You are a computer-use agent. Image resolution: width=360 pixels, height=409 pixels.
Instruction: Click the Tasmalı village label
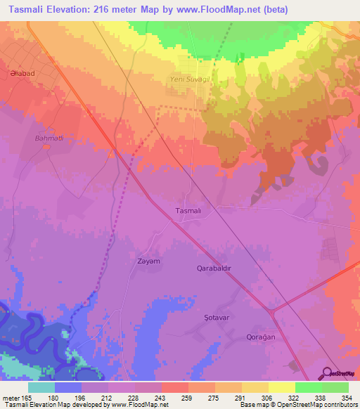point(188,211)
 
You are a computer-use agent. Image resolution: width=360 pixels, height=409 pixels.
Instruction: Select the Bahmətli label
point(49,138)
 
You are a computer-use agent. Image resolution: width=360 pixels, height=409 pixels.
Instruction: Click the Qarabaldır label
point(213,268)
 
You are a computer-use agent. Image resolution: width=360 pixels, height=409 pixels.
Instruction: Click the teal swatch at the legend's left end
point(41,387)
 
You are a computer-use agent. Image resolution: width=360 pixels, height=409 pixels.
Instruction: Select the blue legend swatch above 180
point(68,387)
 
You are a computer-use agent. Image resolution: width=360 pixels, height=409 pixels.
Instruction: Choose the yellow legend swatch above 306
point(281,387)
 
